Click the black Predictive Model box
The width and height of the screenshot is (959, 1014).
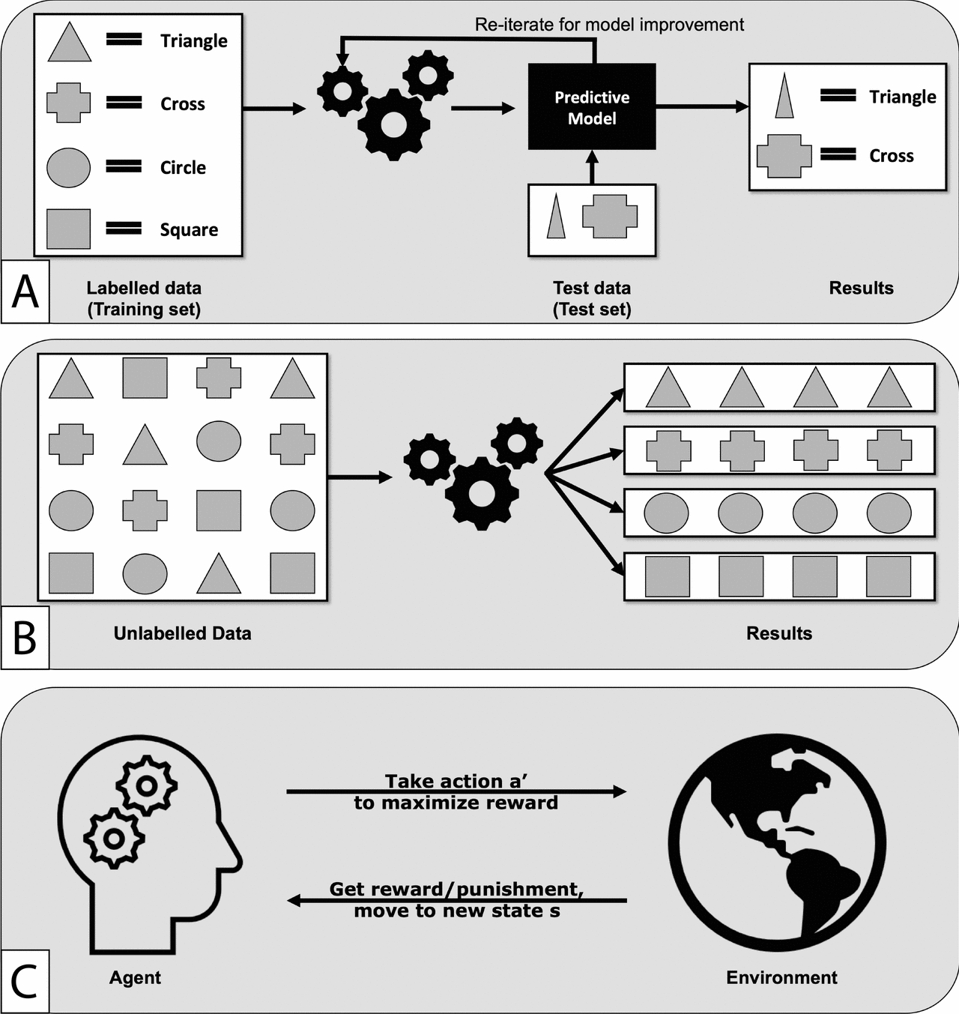tap(592, 106)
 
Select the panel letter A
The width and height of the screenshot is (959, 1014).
tap(25, 292)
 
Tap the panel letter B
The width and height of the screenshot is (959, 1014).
tap(25, 638)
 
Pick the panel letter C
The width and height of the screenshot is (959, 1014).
tap(25, 981)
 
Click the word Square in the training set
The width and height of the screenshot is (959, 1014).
tap(189, 230)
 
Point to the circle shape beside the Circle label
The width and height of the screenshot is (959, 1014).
tap(68, 167)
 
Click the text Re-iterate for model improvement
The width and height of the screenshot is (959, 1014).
tap(609, 25)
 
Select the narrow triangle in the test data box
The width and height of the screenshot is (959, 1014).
tap(555, 217)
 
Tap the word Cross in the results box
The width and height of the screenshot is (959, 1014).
tap(891, 156)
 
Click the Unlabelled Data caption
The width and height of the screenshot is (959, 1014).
tap(182, 633)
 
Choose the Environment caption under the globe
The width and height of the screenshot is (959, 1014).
tap(781, 977)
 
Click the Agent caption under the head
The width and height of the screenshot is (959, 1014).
tap(135, 977)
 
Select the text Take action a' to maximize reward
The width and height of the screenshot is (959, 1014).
tap(456, 792)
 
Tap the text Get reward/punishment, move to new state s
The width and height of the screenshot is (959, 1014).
tap(456, 900)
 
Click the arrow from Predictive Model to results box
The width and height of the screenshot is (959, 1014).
tap(701, 106)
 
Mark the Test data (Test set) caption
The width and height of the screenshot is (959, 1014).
tap(592, 298)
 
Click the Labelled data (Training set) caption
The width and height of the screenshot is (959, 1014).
tap(144, 298)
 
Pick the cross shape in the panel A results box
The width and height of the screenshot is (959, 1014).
tap(784, 156)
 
